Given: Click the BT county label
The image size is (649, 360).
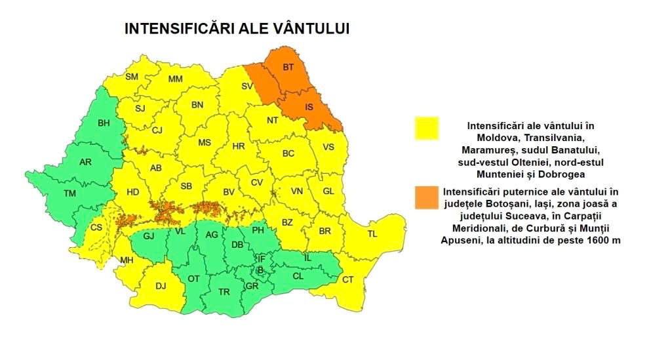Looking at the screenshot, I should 288,67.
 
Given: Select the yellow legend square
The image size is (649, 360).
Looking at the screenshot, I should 427,129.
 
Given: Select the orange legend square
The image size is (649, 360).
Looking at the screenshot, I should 427,197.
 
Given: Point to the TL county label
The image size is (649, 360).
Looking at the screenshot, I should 372,233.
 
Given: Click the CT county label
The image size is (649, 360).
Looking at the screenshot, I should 348,280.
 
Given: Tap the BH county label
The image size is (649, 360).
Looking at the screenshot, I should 104,123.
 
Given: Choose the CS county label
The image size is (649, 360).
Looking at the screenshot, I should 96,227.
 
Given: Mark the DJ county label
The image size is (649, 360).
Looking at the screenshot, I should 161,285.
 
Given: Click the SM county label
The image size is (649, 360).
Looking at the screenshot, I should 132,77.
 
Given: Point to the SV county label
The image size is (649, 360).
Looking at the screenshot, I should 247,86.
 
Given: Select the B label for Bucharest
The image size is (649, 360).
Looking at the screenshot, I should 260,269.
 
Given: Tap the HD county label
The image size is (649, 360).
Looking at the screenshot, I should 133,191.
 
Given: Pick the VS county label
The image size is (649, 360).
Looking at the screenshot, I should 328,147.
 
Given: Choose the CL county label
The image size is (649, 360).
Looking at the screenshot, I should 298,276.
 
